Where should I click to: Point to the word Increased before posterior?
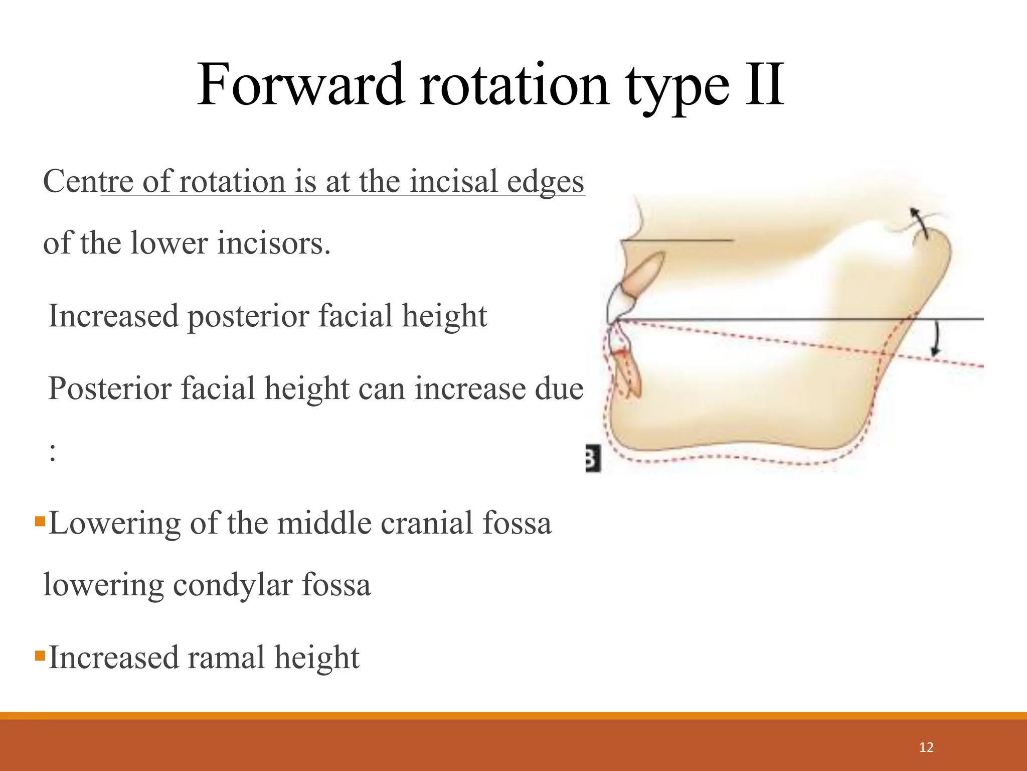[113, 316]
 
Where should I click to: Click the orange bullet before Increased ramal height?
[40, 655]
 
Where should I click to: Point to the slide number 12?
[926, 747]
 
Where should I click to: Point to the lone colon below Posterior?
[53, 453]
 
